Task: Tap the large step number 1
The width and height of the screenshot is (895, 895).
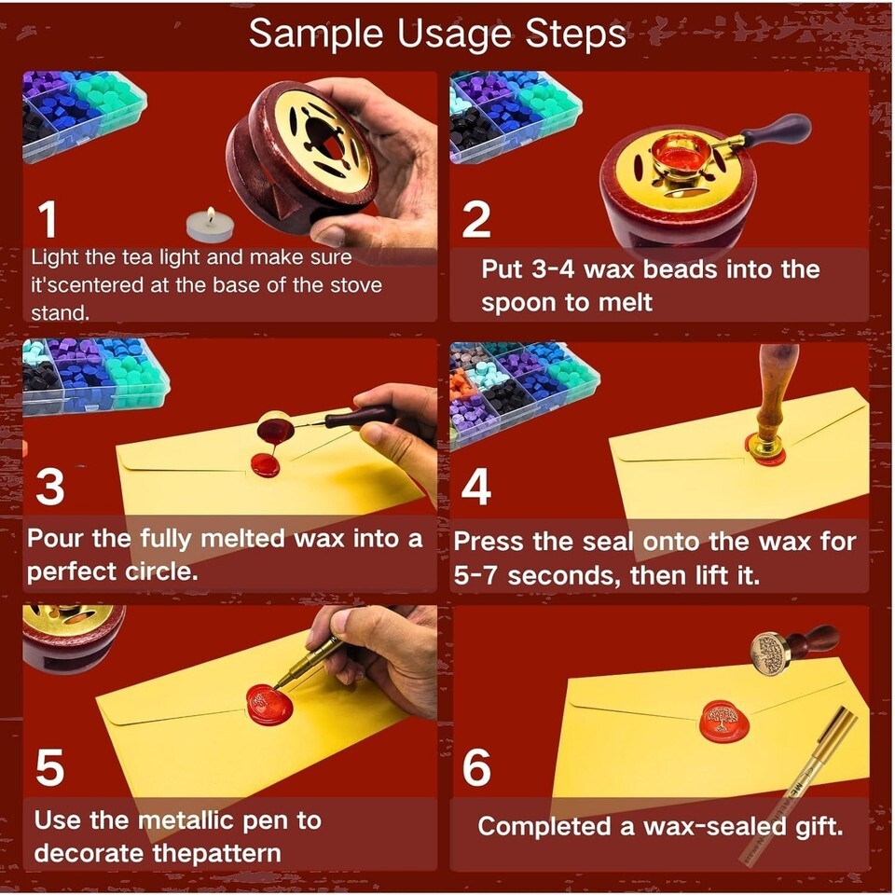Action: pos(48,219)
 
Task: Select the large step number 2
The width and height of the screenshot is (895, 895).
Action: pos(476,219)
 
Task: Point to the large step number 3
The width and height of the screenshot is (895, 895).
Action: pos(49,487)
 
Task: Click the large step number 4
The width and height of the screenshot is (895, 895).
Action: pos(476,487)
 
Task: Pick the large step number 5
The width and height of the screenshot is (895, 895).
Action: pos(49,767)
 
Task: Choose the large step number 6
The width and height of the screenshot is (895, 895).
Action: pos(476,767)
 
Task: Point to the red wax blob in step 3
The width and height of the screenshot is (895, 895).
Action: pos(266,464)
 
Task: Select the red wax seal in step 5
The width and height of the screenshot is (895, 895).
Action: pos(269,705)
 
